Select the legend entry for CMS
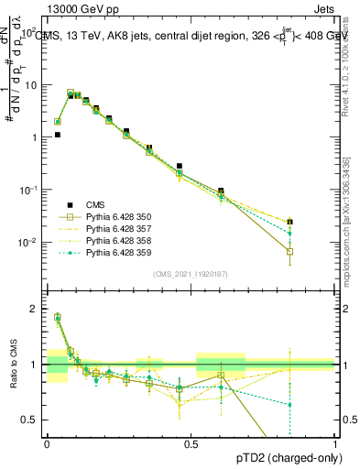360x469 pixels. coord(97,205)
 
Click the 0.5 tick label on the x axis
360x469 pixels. coord(191,444)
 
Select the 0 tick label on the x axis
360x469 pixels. coord(48,444)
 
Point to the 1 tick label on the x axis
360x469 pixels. coord(335,444)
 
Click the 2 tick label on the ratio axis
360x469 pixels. coord(36,309)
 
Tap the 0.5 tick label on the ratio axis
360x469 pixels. coord(30,420)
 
